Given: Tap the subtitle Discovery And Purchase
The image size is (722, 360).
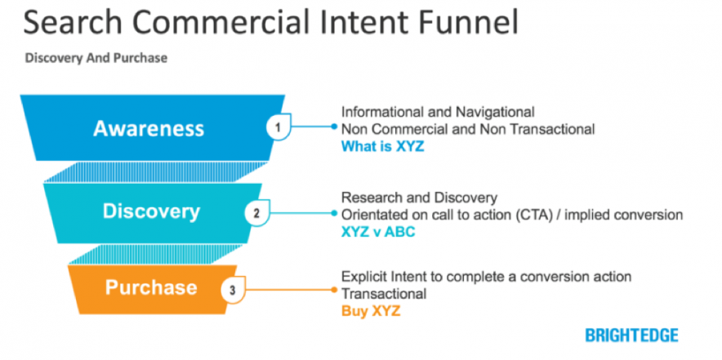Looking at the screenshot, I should click(97, 59).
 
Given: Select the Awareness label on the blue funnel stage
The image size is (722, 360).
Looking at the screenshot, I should click(149, 128).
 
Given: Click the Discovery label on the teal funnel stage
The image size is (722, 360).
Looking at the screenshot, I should click(151, 211).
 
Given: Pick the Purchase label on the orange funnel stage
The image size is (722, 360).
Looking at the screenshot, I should click(151, 287).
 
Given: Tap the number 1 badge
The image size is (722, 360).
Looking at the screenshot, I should click(278, 127).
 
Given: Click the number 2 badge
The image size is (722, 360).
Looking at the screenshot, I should click(256, 214).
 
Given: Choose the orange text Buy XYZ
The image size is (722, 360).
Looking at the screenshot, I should click(371, 310).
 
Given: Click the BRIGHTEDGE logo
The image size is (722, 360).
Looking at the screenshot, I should click(631, 335).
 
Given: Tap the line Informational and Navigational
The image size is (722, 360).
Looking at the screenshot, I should click(438, 111).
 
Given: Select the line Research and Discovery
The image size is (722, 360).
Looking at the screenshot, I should click(419, 198).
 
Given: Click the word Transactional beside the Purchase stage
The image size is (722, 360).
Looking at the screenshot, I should click(382, 293).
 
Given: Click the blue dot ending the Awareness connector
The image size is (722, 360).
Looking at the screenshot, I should click(334, 127).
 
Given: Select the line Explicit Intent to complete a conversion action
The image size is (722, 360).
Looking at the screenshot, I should click(486, 277).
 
